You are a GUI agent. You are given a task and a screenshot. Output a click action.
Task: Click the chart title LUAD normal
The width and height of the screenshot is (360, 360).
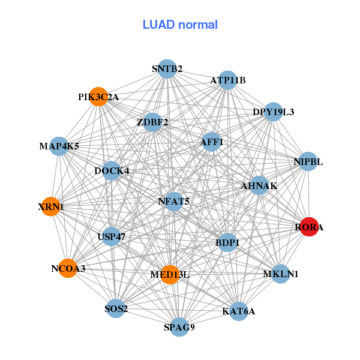point(180,25)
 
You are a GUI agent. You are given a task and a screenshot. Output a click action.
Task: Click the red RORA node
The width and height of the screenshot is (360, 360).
point(308,227)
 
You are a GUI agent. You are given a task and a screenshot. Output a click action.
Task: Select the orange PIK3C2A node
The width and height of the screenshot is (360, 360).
point(98,97)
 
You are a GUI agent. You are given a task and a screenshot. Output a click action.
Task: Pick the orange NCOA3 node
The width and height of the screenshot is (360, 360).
point(68,268)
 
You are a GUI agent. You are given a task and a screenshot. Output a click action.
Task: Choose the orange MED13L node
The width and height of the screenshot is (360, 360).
point(170,274)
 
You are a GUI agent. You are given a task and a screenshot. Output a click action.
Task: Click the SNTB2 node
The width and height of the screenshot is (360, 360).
point(167,69)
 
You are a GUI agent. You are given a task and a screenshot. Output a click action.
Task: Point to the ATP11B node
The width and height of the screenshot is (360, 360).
point(227,80)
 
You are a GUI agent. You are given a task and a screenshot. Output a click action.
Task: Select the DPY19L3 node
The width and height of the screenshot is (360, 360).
point(273,112)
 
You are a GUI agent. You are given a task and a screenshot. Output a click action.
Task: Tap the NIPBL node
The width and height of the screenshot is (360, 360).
point(308,161)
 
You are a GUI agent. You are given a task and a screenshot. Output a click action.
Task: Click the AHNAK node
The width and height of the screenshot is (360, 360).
point(259,186)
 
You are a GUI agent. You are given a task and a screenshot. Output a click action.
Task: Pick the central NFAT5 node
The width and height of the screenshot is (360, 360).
point(173,202)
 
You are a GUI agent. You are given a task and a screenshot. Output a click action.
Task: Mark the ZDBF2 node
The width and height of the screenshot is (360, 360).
point(152,122)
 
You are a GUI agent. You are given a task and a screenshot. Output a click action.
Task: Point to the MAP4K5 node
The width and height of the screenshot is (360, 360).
point(59,146)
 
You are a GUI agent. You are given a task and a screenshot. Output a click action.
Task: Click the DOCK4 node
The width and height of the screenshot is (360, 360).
point(112,171)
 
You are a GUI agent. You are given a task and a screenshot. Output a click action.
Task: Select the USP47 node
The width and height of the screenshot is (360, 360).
point(111,236)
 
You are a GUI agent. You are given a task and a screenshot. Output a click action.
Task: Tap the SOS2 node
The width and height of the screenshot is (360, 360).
point(116,309)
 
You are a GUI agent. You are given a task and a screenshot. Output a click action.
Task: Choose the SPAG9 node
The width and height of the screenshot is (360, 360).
point(179,327)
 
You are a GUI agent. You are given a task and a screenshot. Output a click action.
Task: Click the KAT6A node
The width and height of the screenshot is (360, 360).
point(238,311)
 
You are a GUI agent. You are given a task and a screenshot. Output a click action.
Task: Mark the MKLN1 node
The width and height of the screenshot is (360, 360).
point(280,274)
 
